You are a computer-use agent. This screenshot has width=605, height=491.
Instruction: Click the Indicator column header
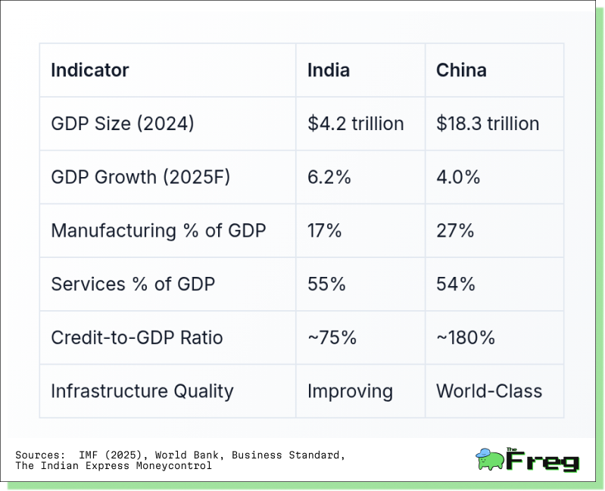(x=90, y=70)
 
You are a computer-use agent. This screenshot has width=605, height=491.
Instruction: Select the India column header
(x=329, y=70)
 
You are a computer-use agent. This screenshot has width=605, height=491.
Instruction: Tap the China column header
(x=461, y=70)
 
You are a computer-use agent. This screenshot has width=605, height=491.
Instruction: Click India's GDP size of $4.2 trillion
(x=355, y=124)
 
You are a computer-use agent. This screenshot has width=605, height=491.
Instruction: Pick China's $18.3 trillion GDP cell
(x=488, y=124)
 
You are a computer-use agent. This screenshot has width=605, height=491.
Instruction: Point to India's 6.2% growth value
(x=329, y=177)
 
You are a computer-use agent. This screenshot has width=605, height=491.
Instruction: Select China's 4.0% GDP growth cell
(x=458, y=177)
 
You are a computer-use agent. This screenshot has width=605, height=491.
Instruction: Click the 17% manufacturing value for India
(x=325, y=231)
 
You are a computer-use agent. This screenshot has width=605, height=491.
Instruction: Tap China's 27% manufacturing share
(x=455, y=231)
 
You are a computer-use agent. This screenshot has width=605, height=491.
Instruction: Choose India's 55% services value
(x=326, y=284)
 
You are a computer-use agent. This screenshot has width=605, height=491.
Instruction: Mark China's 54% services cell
(x=456, y=284)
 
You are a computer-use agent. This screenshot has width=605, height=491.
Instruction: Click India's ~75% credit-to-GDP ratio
(x=332, y=338)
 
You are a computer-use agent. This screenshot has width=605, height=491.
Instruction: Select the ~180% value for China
(x=466, y=338)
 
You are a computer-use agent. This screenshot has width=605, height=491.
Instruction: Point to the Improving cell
(x=350, y=392)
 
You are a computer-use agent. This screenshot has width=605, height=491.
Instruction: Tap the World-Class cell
(x=489, y=392)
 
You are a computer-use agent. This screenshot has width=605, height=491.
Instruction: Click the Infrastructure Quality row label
(x=142, y=392)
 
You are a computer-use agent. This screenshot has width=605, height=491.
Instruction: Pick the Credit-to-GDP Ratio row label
(x=137, y=338)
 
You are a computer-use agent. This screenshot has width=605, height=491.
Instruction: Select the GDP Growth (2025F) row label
(x=140, y=177)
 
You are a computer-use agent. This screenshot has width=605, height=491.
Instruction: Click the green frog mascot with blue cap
(x=490, y=459)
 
